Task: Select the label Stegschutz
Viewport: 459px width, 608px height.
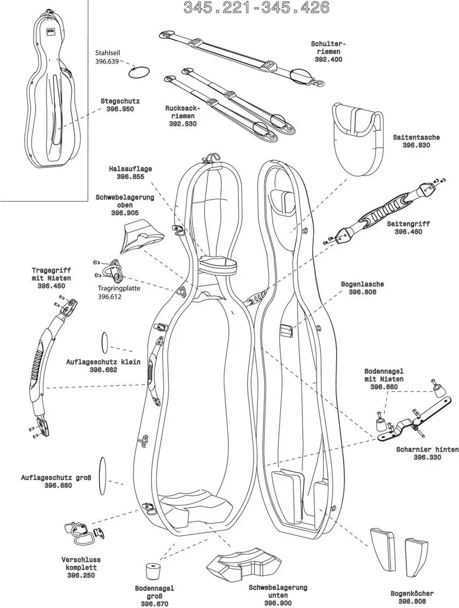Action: (120, 101)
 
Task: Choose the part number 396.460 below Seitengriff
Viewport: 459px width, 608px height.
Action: (409, 231)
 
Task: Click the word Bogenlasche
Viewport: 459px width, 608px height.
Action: (362, 284)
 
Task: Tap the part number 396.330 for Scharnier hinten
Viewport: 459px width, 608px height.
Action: (427, 457)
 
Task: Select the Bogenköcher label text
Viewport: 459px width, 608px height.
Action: (412, 593)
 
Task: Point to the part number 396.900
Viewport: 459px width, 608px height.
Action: (278, 603)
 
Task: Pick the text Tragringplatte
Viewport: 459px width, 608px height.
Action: (119, 288)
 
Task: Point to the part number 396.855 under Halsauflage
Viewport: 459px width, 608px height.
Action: (130, 177)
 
